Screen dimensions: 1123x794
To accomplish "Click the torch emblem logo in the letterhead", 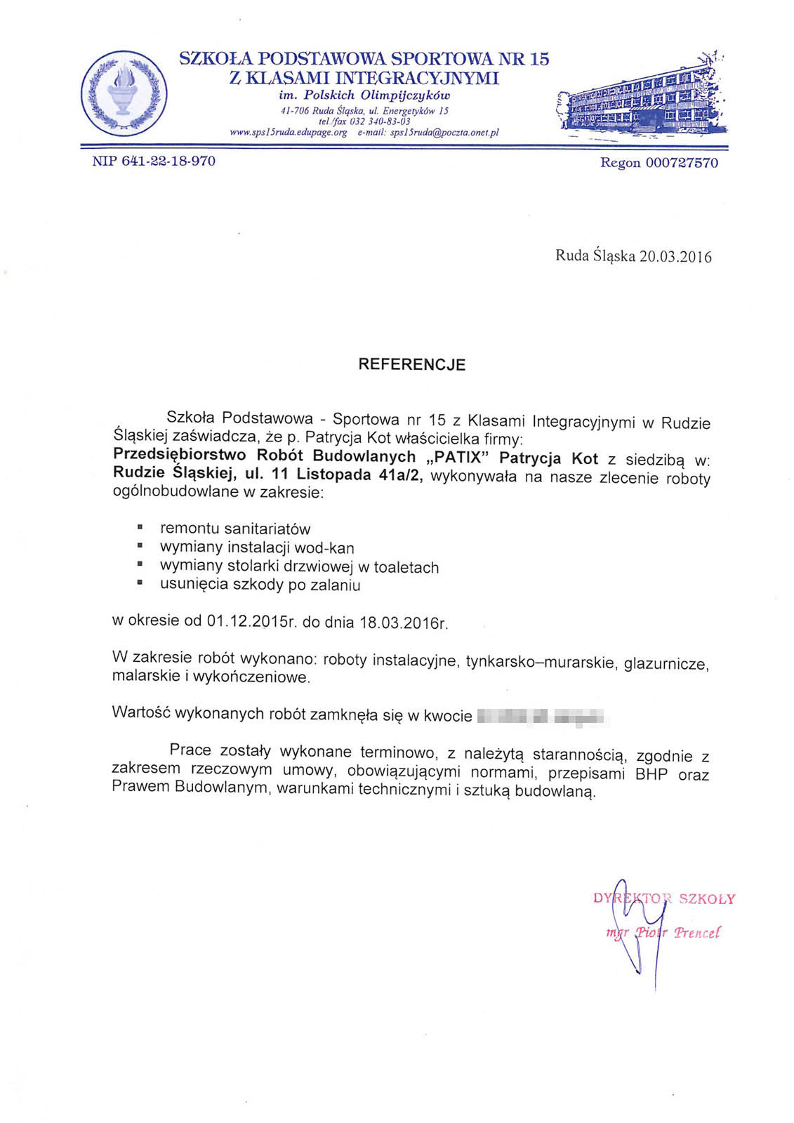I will (x=124, y=93).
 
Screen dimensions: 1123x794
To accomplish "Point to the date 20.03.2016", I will (x=675, y=257).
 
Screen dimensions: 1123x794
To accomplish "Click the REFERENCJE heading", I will (x=412, y=364).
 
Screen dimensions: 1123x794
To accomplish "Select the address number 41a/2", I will (x=400, y=475).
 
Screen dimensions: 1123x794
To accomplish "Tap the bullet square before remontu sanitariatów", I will (x=140, y=526).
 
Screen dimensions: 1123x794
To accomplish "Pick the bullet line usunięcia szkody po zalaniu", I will (x=260, y=585).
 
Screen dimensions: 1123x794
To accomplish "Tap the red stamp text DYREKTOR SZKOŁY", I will (x=664, y=899).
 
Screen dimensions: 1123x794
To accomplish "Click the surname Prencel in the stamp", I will (x=696, y=933).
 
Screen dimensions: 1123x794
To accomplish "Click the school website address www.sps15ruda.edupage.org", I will (x=289, y=132).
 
